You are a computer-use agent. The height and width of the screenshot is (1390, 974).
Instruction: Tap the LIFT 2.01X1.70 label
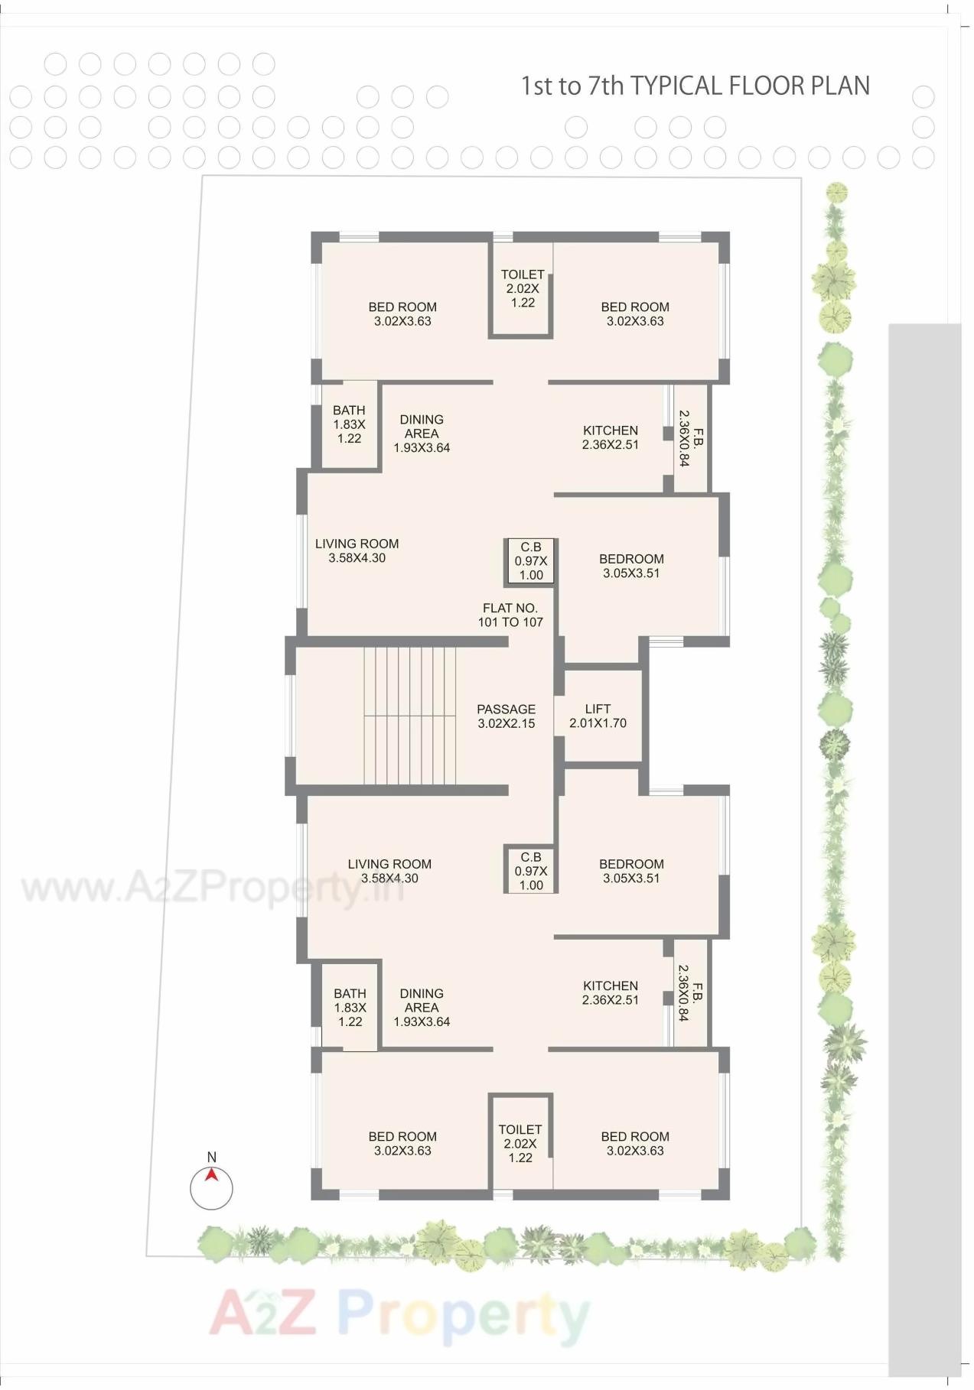pyautogui.click(x=598, y=716)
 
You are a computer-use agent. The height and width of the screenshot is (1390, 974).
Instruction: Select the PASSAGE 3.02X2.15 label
pyautogui.click(x=506, y=716)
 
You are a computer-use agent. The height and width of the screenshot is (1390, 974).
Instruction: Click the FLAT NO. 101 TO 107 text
pyautogui.click(x=510, y=615)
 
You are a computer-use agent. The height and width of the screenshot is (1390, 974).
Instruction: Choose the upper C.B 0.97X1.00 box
pyautogui.click(x=531, y=561)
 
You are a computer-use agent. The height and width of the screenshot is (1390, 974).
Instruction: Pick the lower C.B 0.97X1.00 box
pyautogui.click(x=531, y=871)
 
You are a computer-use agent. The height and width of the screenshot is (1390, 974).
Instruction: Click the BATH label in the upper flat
pyautogui.click(x=349, y=424)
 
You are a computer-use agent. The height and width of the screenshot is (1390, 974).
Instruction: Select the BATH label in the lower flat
pyautogui.click(x=350, y=1007)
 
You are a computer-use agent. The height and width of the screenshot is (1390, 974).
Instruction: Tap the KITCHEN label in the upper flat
pyautogui.click(x=610, y=437)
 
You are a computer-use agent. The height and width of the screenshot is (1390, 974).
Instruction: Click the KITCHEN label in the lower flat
pyautogui.click(x=610, y=992)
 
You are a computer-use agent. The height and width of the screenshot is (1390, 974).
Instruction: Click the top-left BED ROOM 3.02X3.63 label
pyautogui.click(x=402, y=313)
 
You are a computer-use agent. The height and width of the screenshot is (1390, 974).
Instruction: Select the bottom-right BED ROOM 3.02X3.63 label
pyautogui.click(x=634, y=1143)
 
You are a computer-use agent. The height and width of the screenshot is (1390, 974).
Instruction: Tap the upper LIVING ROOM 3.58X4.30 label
pyautogui.click(x=357, y=550)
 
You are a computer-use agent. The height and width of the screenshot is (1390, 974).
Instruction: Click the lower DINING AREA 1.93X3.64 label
pyautogui.click(x=422, y=1007)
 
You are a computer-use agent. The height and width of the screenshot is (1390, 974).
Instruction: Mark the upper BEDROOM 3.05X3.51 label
pyautogui.click(x=631, y=566)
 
